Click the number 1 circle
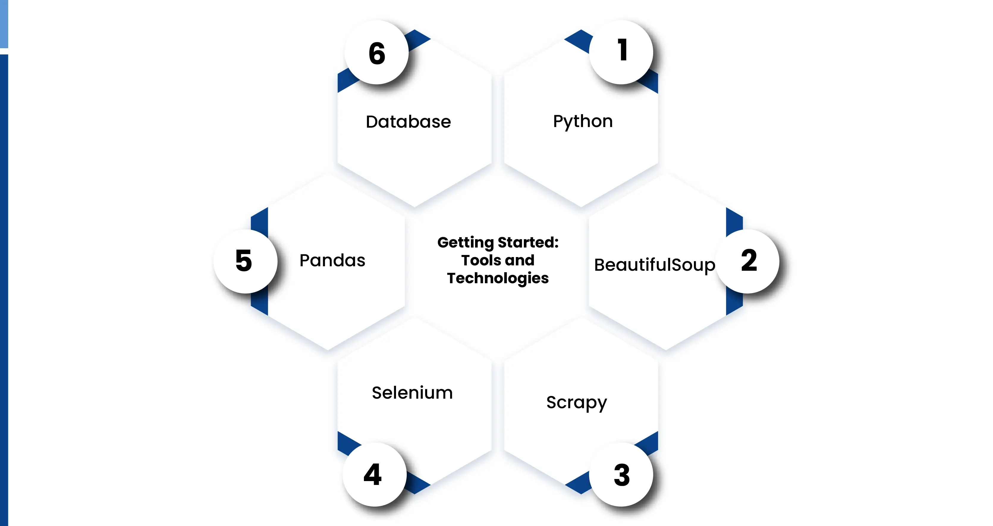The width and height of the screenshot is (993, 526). pyautogui.click(x=621, y=52)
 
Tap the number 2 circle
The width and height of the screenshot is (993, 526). pyautogui.click(x=747, y=261)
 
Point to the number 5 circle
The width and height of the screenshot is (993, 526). pyautogui.click(x=245, y=261)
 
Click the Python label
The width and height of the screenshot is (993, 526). pyautogui.click(x=582, y=121)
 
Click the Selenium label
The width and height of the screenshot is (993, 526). pyautogui.click(x=412, y=393)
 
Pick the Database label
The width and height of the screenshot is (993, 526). pyautogui.click(x=408, y=122)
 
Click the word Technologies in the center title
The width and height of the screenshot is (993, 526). pyautogui.click(x=498, y=278)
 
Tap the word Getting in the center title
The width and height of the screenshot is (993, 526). pyautogui.click(x=465, y=242)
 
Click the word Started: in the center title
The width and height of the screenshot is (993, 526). pyautogui.click(x=528, y=242)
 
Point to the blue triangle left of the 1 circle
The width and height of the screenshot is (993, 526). pyautogui.click(x=579, y=40)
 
